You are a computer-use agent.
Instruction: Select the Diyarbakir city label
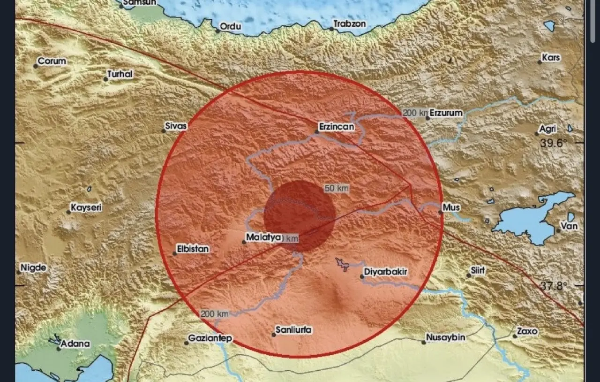[386, 272]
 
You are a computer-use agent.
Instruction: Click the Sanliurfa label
[293, 330]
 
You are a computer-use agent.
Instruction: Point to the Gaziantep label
[210, 338]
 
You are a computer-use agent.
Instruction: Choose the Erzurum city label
[446, 113]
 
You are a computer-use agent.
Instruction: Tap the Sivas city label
[176, 126]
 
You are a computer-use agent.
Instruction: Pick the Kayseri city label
[86, 207]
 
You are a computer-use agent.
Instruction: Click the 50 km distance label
[337, 188]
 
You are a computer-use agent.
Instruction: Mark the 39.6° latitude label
[554, 143]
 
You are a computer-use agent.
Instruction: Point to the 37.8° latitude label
[554, 286]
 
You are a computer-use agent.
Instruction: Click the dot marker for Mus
[441, 212]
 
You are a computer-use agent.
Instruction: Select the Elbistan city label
[193, 249]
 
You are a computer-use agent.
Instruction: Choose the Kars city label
[551, 58]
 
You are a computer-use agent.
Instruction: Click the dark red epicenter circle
[299, 216]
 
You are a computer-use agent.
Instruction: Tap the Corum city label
[52, 61]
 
